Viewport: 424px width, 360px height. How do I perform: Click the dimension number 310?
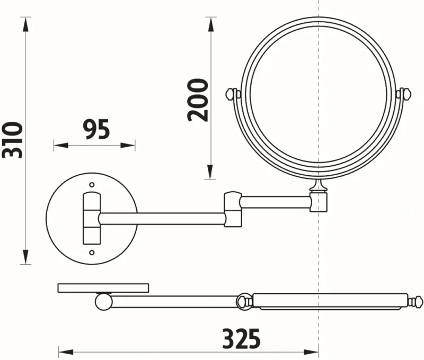pos(12,140)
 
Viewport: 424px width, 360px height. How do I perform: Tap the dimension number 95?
pos(96,130)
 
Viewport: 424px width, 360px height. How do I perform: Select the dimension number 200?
pos(198,100)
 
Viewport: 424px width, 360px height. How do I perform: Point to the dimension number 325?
pos(242,338)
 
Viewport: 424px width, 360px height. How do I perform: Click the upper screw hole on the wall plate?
pos(92,185)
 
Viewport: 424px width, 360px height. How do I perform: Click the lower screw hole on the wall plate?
pos(92,253)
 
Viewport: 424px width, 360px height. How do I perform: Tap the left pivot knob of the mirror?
pos(231,94)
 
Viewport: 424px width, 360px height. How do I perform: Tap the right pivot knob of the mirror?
pos(406,94)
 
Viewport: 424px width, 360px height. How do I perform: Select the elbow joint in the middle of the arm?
pos(233,209)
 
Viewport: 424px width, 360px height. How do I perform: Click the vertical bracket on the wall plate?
pos(92,219)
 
